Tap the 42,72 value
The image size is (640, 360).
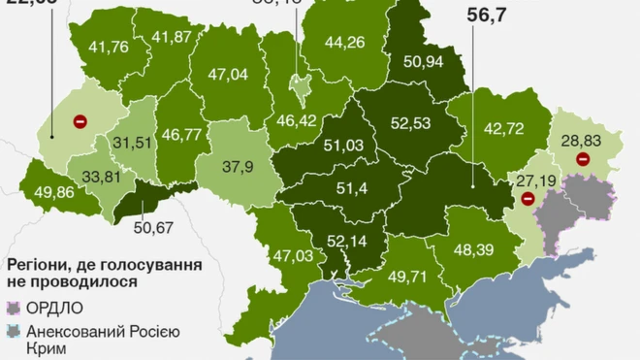503,128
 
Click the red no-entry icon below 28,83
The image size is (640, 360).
582,160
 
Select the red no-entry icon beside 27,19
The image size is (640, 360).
527,199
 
